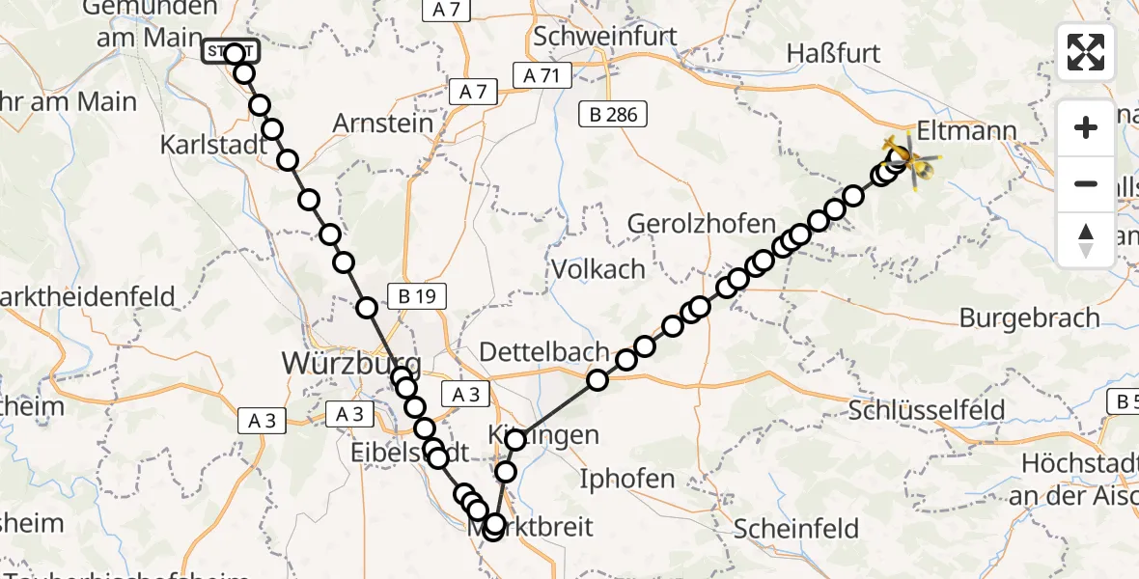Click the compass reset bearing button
(1086, 240)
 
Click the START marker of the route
(230, 51)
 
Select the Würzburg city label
(350, 363)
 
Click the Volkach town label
(597, 268)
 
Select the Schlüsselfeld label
(927, 410)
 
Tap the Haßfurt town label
(834, 53)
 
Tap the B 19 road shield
(417, 296)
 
